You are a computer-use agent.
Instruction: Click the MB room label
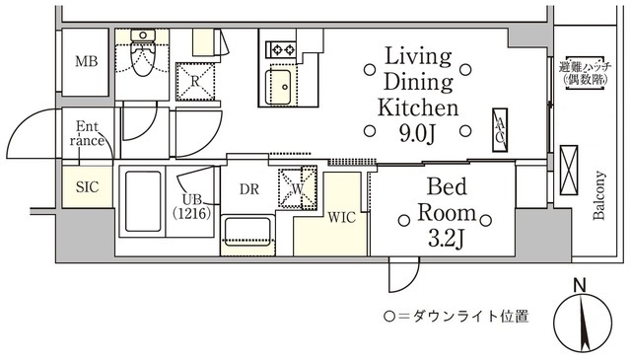click(x=88, y=61)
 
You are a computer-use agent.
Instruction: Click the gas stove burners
click(x=280, y=46)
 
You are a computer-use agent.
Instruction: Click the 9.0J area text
click(x=417, y=129)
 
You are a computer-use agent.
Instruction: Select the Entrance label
click(x=88, y=133)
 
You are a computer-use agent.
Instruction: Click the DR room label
click(x=249, y=190)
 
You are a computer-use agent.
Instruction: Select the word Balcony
click(x=599, y=188)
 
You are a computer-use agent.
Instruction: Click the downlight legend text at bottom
click(x=456, y=318)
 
